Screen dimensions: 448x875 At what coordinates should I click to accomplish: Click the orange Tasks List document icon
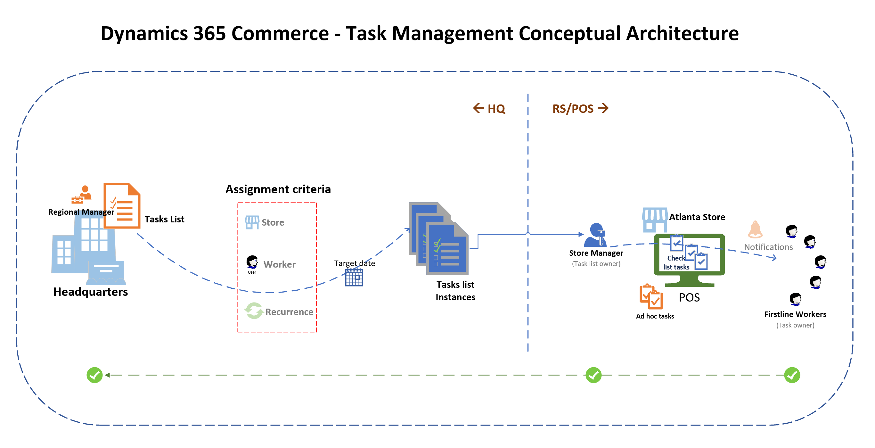pyautogui.click(x=122, y=205)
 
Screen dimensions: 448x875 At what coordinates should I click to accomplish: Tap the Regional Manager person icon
pyautogui.click(x=82, y=195)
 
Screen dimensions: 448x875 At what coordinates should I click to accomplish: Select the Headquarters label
pyautogui.click(x=90, y=292)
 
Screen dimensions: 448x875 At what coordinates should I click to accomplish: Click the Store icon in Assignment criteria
pyautogui.click(x=252, y=222)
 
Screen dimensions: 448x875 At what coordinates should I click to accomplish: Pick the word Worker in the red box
pyautogui.click(x=279, y=264)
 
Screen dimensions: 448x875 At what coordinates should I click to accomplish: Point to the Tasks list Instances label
pyautogui.click(x=455, y=291)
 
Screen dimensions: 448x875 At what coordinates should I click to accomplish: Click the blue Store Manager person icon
pyautogui.click(x=595, y=235)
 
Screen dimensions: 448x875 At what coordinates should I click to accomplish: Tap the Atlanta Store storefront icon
pyautogui.click(x=654, y=220)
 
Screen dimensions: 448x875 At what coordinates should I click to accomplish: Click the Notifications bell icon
pyautogui.click(x=755, y=229)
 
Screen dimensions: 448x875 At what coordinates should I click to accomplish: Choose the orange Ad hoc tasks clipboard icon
pyautogui.click(x=650, y=296)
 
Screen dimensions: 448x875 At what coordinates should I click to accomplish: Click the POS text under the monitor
pyautogui.click(x=689, y=297)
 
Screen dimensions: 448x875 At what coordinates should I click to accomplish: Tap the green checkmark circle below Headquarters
pyautogui.click(x=94, y=375)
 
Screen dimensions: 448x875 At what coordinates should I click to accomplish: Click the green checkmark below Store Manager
pyautogui.click(x=593, y=375)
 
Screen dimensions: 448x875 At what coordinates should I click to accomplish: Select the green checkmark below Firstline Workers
pyautogui.click(x=792, y=375)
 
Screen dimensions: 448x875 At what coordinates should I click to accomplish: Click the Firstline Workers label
pyautogui.click(x=795, y=314)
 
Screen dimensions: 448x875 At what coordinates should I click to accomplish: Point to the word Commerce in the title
pyautogui.click(x=280, y=33)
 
